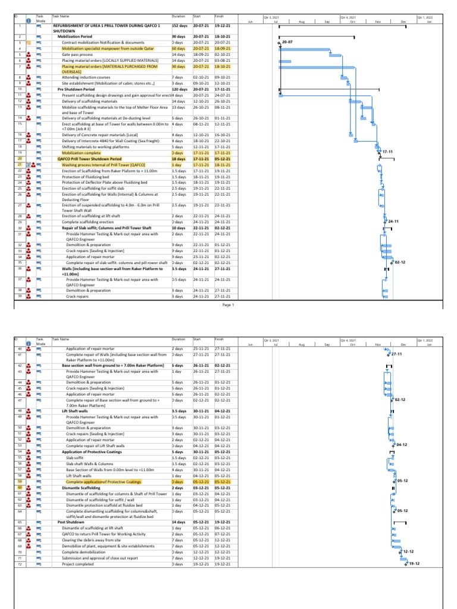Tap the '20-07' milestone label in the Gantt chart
point(289,43)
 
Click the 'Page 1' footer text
point(229,305)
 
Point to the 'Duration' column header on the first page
point(178,16)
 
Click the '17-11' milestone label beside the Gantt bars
point(389,153)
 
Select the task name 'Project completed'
point(80,564)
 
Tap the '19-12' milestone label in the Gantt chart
point(415,564)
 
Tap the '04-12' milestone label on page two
point(402,444)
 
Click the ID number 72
point(20,564)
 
